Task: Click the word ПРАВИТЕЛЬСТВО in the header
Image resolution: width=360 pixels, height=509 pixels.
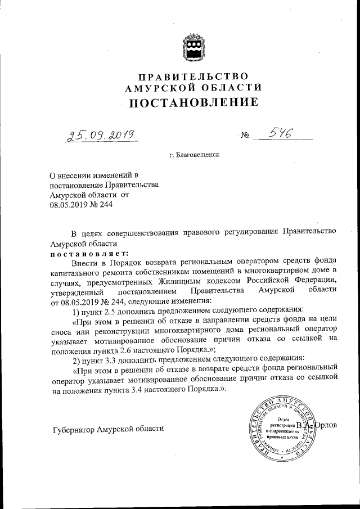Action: point(193,76)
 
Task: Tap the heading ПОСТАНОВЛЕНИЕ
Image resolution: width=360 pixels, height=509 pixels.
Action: point(193,102)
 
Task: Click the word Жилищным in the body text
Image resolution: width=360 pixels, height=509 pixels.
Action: point(169,280)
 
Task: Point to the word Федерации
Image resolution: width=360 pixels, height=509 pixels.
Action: point(318,280)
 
